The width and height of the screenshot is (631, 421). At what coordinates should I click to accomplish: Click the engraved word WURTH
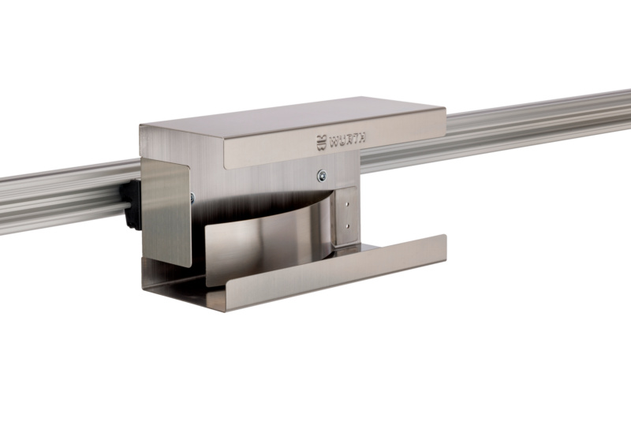[348, 140]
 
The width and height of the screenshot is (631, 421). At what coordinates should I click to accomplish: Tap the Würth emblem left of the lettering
[322, 143]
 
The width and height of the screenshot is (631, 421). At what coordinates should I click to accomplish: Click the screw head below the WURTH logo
[322, 175]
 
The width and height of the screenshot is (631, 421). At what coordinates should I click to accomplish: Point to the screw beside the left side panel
[192, 197]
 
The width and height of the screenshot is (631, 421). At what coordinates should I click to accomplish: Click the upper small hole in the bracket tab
[348, 204]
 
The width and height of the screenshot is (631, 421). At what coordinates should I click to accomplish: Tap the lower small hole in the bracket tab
[348, 226]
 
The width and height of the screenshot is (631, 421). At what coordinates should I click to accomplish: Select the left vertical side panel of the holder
[166, 212]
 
